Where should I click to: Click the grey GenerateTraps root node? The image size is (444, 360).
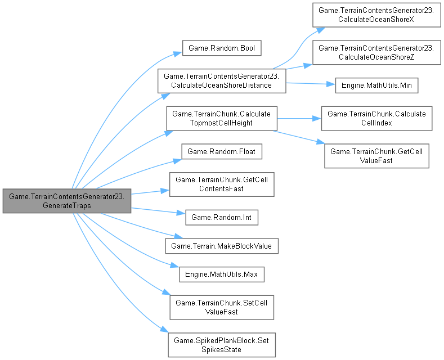click(x=67, y=201)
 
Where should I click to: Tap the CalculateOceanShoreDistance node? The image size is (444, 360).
click(x=222, y=80)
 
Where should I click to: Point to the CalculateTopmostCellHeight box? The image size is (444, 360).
click(x=221, y=118)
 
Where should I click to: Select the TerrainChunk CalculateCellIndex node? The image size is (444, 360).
click(x=376, y=118)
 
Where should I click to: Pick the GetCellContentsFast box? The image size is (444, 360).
click(x=222, y=184)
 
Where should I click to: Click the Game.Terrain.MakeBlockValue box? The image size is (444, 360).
click(x=222, y=246)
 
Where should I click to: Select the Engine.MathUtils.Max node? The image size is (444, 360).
click(x=221, y=274)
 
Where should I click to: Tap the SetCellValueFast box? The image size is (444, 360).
click(x=222, y=307)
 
